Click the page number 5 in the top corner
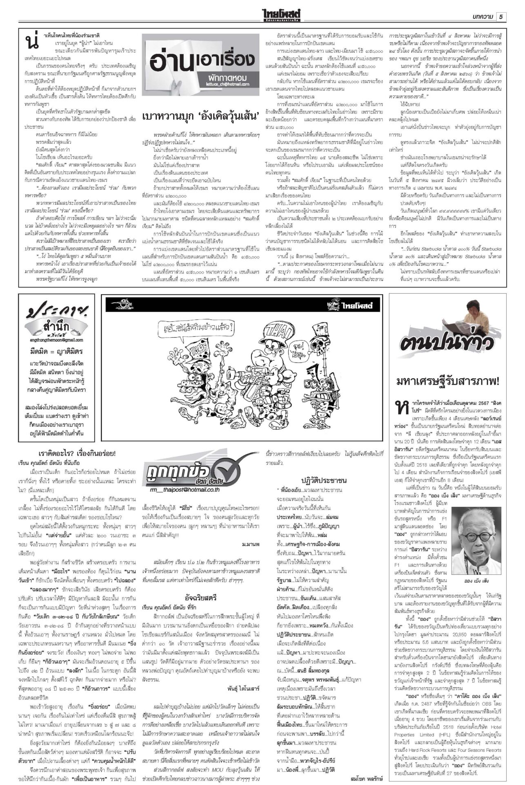click(501, 17)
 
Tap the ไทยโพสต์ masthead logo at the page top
click(283, 16)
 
